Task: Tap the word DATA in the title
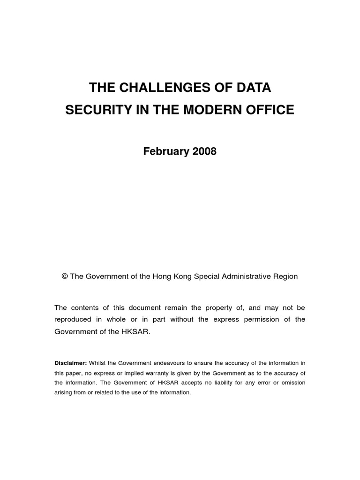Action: [x=256, y=88]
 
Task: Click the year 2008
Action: [x=201, y=152]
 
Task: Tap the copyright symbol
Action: [x=65, y=277]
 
